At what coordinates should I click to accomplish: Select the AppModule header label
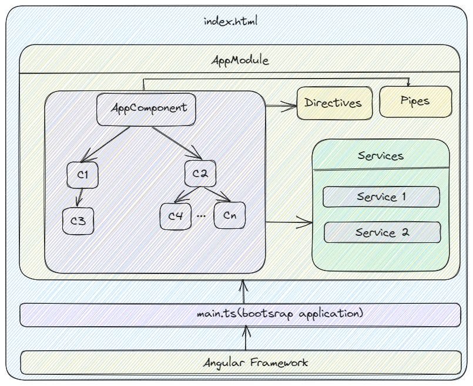tap(239, 60)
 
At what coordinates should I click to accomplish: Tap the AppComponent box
tap(149, 109)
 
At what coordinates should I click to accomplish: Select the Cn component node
tap(230, 215)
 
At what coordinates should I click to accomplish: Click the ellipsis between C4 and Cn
tap(202, 216)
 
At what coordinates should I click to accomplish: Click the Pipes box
tap(416, 101)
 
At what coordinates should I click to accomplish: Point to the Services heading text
tap(380, 156)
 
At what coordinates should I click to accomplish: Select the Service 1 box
tap(381, 197)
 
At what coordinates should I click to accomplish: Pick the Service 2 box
tap(382, 233)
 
